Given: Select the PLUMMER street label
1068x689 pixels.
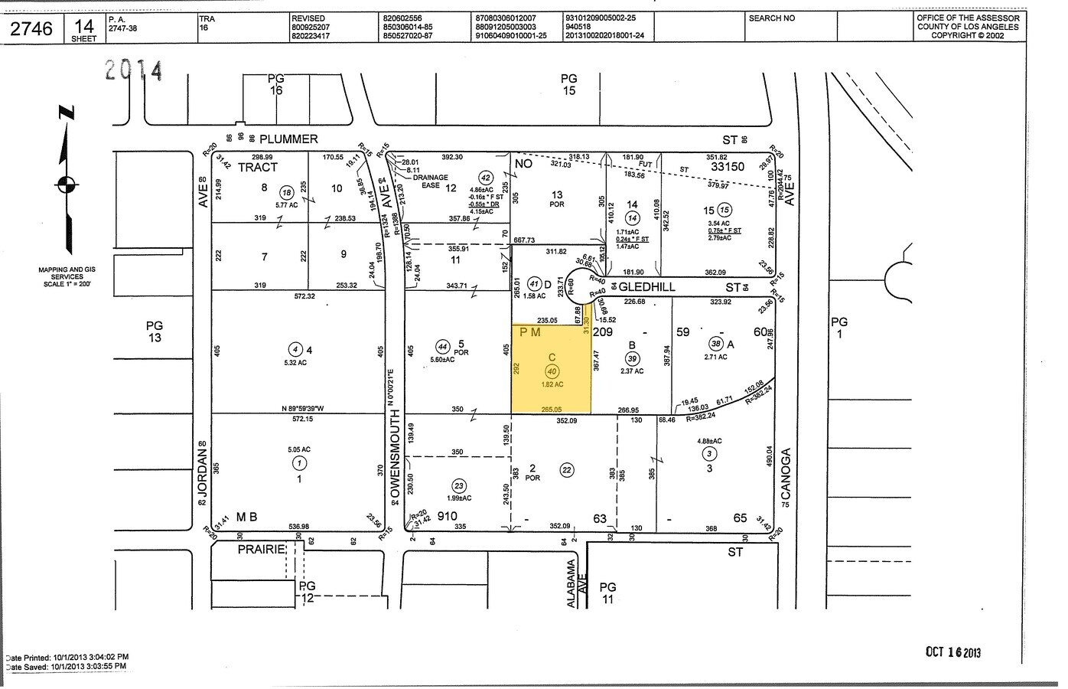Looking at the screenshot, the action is pyautogui.click(x=288, y=139).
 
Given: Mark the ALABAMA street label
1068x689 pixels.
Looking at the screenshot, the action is pyautogui.click(x=571, y=583).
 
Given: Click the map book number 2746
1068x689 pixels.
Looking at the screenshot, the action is pyautogui.click(x=32, y=29).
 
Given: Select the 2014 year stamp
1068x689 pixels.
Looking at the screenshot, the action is pyautogui.click(x=135, y=71).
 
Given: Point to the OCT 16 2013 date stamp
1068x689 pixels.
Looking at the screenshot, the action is pyautogui.click(x=952, y=652).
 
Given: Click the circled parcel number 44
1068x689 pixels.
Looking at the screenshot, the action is pyautogui.click(x=442, y=345).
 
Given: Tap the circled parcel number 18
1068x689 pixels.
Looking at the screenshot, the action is pyautogui.click(x=287, y=193).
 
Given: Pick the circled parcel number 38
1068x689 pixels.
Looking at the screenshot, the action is pyautogui.click(x=715, y=344).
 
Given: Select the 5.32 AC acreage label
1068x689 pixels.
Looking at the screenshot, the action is pyautogui.click(x=295, y=363).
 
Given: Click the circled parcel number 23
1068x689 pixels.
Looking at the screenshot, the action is pyautogui.click(x=459, y=485).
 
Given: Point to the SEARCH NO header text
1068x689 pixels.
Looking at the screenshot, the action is pyautogui.click(x=771, y=18).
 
